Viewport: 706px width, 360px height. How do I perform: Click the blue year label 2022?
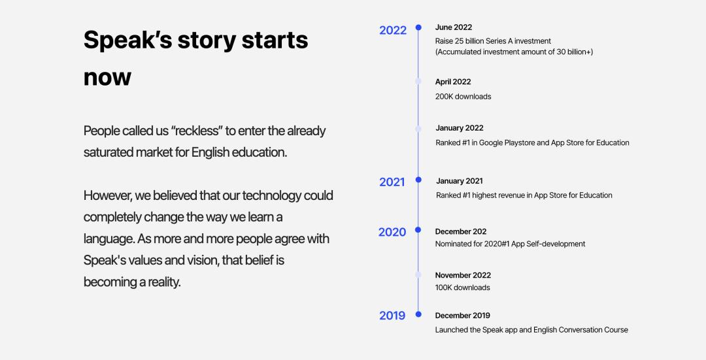(393, 30)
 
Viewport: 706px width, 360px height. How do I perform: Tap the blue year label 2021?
(392, 182)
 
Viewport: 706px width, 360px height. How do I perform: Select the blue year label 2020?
(392, 232)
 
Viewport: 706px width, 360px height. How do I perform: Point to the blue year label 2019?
(392, 316)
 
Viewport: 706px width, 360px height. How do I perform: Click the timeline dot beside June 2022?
(418, 27)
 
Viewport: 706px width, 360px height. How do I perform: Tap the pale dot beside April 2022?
(418, 82)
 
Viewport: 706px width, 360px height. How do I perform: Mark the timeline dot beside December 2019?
(418, 314)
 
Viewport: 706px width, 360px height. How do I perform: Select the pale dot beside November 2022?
(418, 274)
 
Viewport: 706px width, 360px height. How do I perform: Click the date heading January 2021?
(460, 181)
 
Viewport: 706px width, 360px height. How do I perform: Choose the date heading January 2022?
(460, 128)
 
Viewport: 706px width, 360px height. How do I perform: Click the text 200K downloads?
(463, 96)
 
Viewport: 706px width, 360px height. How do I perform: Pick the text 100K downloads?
(462, 287)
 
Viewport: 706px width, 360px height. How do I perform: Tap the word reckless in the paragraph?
(197, 131)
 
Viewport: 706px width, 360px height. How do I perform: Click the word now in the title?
(107, 77)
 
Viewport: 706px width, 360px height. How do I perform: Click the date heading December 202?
(461, 231)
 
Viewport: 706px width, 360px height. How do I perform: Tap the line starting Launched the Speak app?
(531, 330)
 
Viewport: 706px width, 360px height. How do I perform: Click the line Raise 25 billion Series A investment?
(493, 41)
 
